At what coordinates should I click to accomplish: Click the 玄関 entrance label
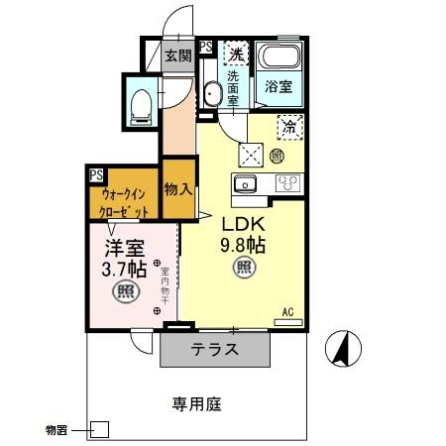177,56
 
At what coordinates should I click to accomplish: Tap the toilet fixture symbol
141,103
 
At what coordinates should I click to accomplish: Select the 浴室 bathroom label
278,87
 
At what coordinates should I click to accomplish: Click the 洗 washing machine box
236,53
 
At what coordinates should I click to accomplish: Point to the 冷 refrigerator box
290,127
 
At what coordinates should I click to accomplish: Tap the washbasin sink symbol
211,95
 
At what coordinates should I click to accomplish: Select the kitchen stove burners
289,183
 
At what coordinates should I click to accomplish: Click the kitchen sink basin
244,182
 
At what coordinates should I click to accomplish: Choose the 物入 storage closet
177,187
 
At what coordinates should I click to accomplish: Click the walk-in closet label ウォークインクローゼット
124,203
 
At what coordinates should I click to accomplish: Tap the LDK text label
241,223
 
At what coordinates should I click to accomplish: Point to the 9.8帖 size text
241,245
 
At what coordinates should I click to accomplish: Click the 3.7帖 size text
124,268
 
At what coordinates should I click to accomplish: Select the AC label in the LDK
288,311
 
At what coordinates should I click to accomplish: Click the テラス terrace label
214,349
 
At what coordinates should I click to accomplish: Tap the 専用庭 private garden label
194,403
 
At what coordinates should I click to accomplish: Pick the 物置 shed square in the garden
99,430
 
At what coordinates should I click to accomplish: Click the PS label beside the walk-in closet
96,174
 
